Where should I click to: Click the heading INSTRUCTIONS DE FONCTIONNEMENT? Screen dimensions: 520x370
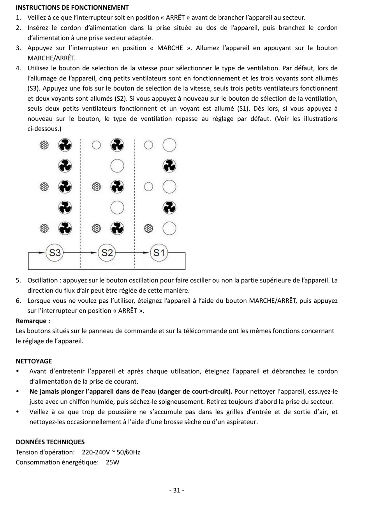[x=72, y=7]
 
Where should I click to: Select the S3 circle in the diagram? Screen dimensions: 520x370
[x=55, y=253]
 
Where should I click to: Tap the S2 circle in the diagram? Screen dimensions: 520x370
[x=107, y=253]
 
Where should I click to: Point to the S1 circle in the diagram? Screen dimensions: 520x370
[x=159, y=253]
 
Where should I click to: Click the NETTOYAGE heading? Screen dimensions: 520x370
[x=33, y=361]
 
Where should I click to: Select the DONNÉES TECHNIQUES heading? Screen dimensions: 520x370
[x=50, y=442]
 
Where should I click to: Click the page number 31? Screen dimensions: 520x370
[x=177, y=490]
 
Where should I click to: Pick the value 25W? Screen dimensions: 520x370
[x=113, y=462]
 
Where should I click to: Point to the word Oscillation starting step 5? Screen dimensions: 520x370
[x=42, y=280]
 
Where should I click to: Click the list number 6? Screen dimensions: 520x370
[x=18, y=300]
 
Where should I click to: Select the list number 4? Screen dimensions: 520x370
[x=18, y=68]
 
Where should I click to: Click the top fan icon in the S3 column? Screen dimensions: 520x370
[x=65, y=145]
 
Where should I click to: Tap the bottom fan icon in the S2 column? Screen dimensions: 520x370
[x=117, y=229]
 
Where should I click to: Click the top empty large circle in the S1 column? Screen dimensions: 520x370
[x=169, y=145]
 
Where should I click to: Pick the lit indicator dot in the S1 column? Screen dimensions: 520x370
[x=148, y=229]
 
